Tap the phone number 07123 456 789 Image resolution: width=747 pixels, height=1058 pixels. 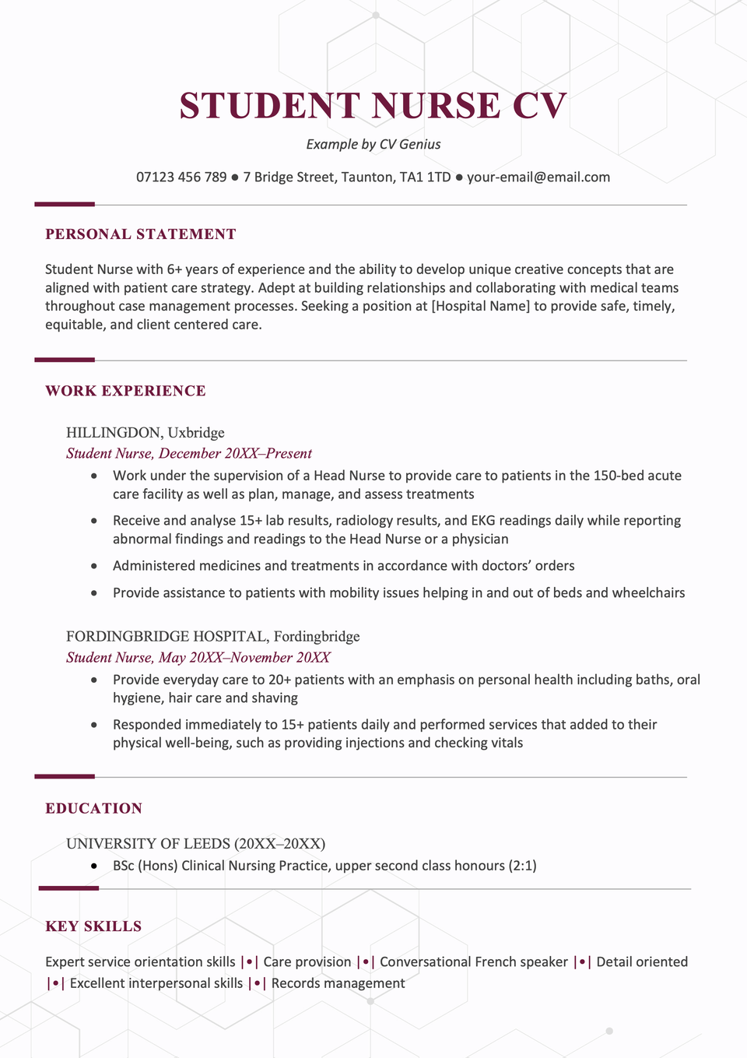181,178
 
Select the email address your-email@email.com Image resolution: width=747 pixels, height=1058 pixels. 538,178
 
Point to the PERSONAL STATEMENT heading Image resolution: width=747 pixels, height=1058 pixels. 140,234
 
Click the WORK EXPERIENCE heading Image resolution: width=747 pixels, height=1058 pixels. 125,391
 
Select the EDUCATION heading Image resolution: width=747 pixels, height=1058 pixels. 93,808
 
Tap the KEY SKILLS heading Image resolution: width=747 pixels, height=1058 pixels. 93,926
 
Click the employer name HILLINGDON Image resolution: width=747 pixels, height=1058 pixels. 114,433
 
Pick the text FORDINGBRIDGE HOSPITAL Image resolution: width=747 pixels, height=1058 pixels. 167,637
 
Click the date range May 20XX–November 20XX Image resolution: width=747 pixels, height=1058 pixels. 244,658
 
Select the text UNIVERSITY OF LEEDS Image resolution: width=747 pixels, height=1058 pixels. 148,844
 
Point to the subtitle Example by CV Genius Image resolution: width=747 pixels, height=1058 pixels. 373,144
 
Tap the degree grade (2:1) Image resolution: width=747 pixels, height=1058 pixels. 522,866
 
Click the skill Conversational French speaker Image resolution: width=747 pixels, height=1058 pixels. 474,962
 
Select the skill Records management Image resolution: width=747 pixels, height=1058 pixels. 338,983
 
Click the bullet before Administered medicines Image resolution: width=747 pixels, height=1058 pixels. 94,566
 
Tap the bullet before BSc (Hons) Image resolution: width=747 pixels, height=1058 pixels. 94,866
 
